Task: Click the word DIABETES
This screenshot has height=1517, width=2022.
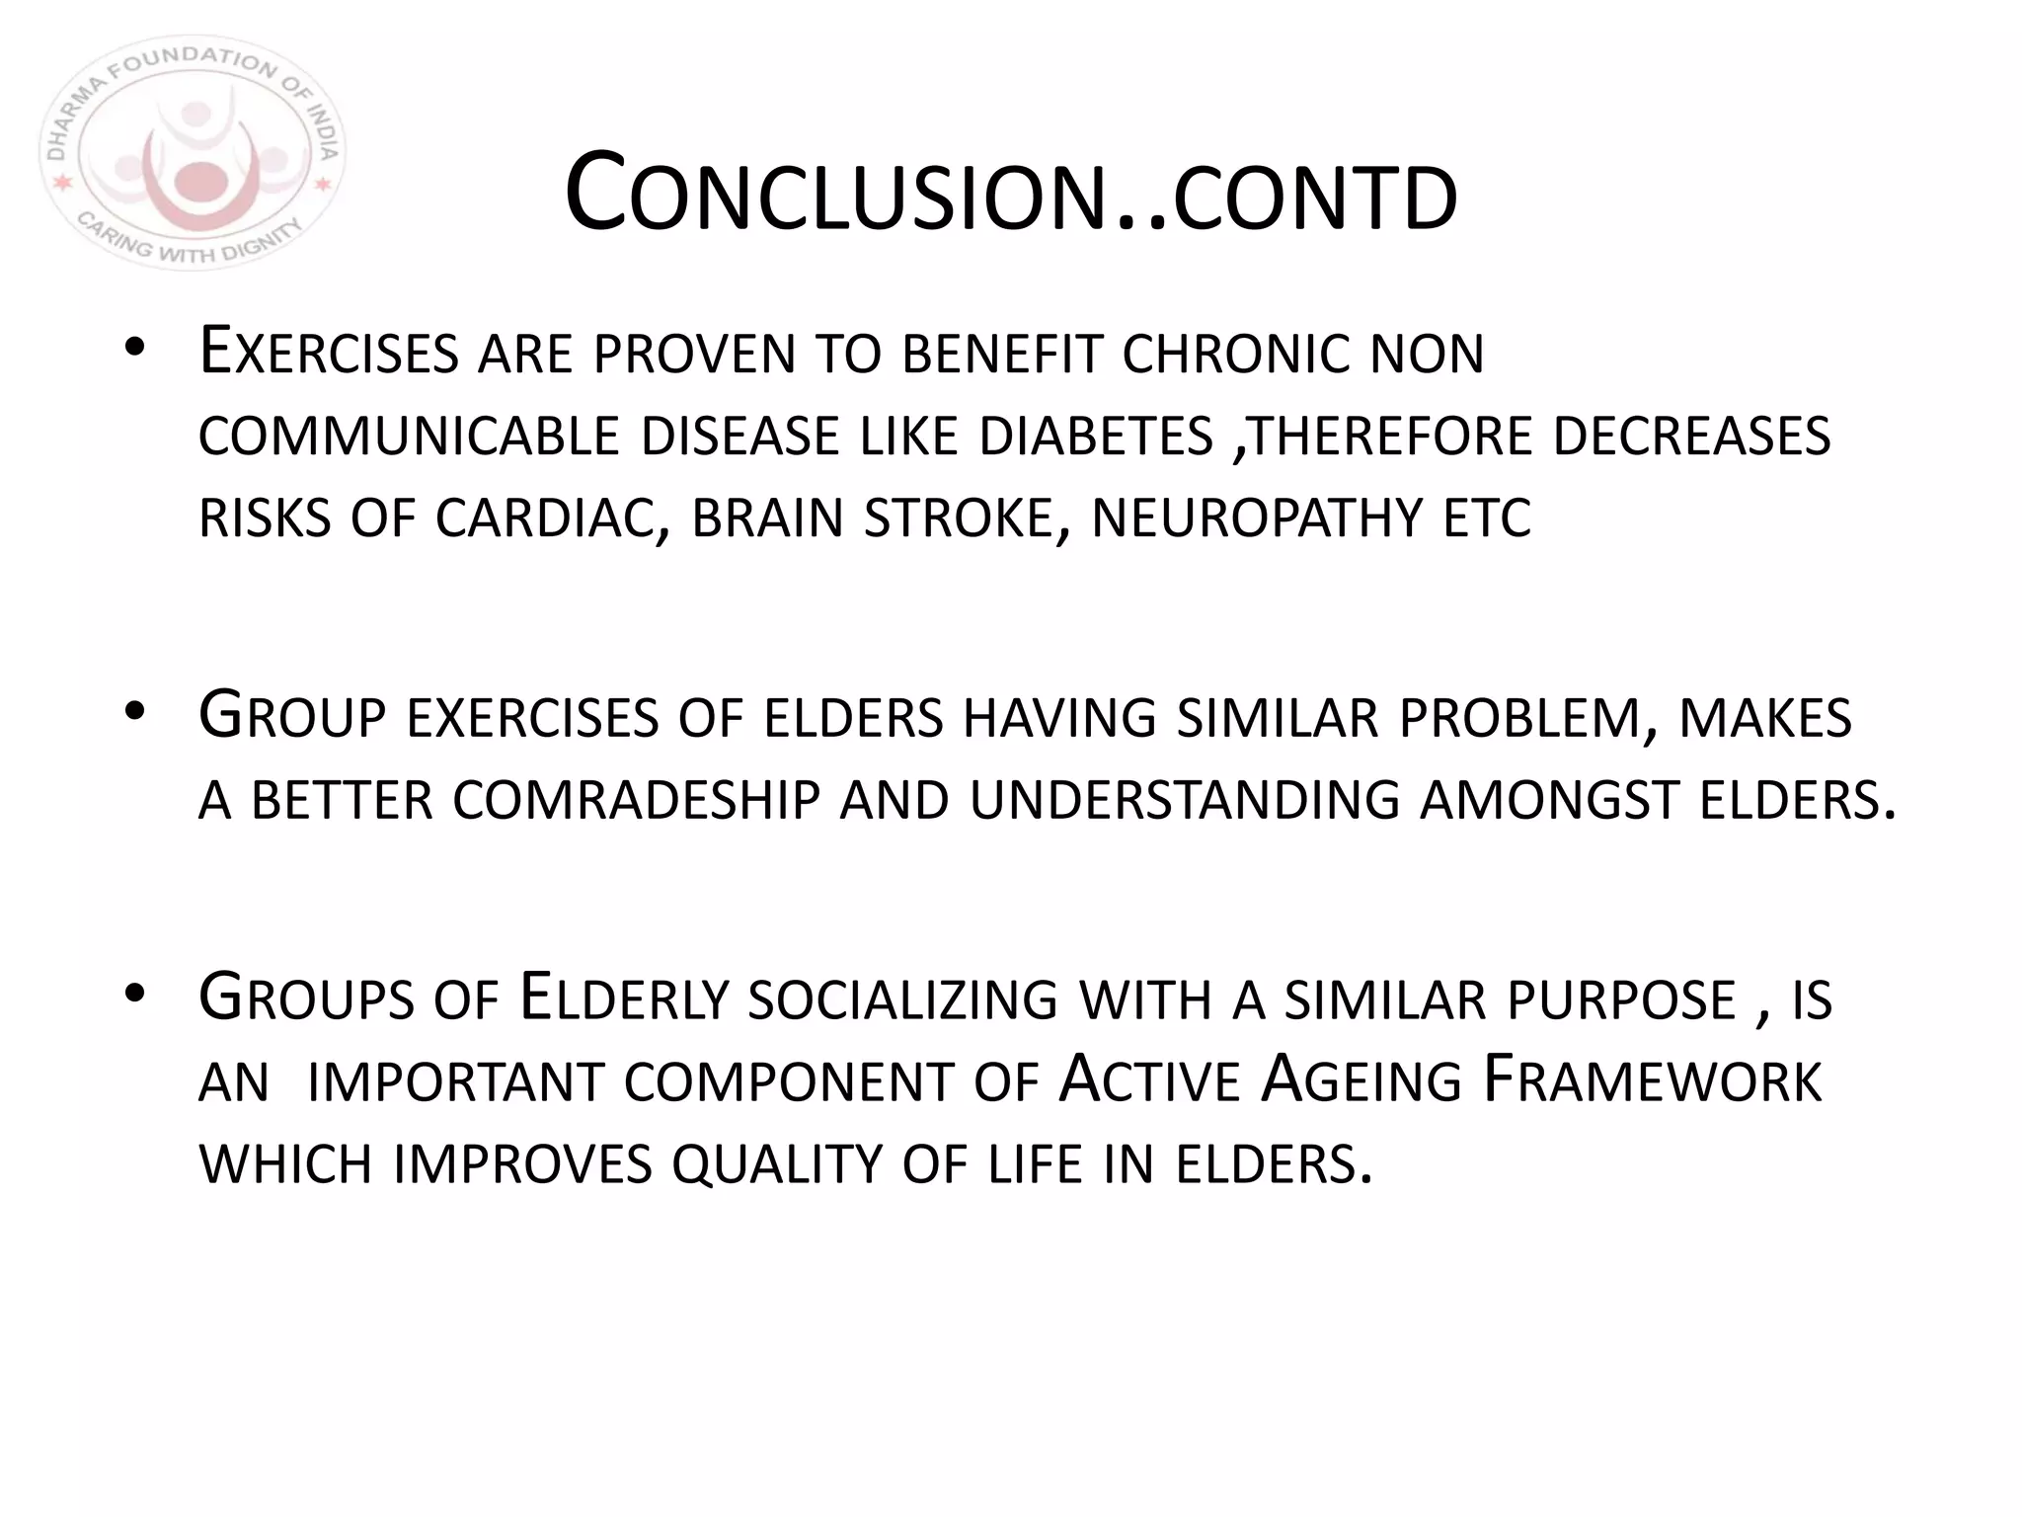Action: [x=1096, y=437]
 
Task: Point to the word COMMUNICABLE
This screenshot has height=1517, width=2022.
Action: [x=408, y=437]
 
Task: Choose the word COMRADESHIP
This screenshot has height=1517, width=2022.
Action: [x=637, y=800]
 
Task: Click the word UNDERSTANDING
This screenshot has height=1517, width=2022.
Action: [x=1185, y=800]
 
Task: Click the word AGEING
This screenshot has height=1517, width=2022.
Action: [x=1361, y=1080]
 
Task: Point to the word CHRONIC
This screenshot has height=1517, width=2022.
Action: [x=1235, y=354]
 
